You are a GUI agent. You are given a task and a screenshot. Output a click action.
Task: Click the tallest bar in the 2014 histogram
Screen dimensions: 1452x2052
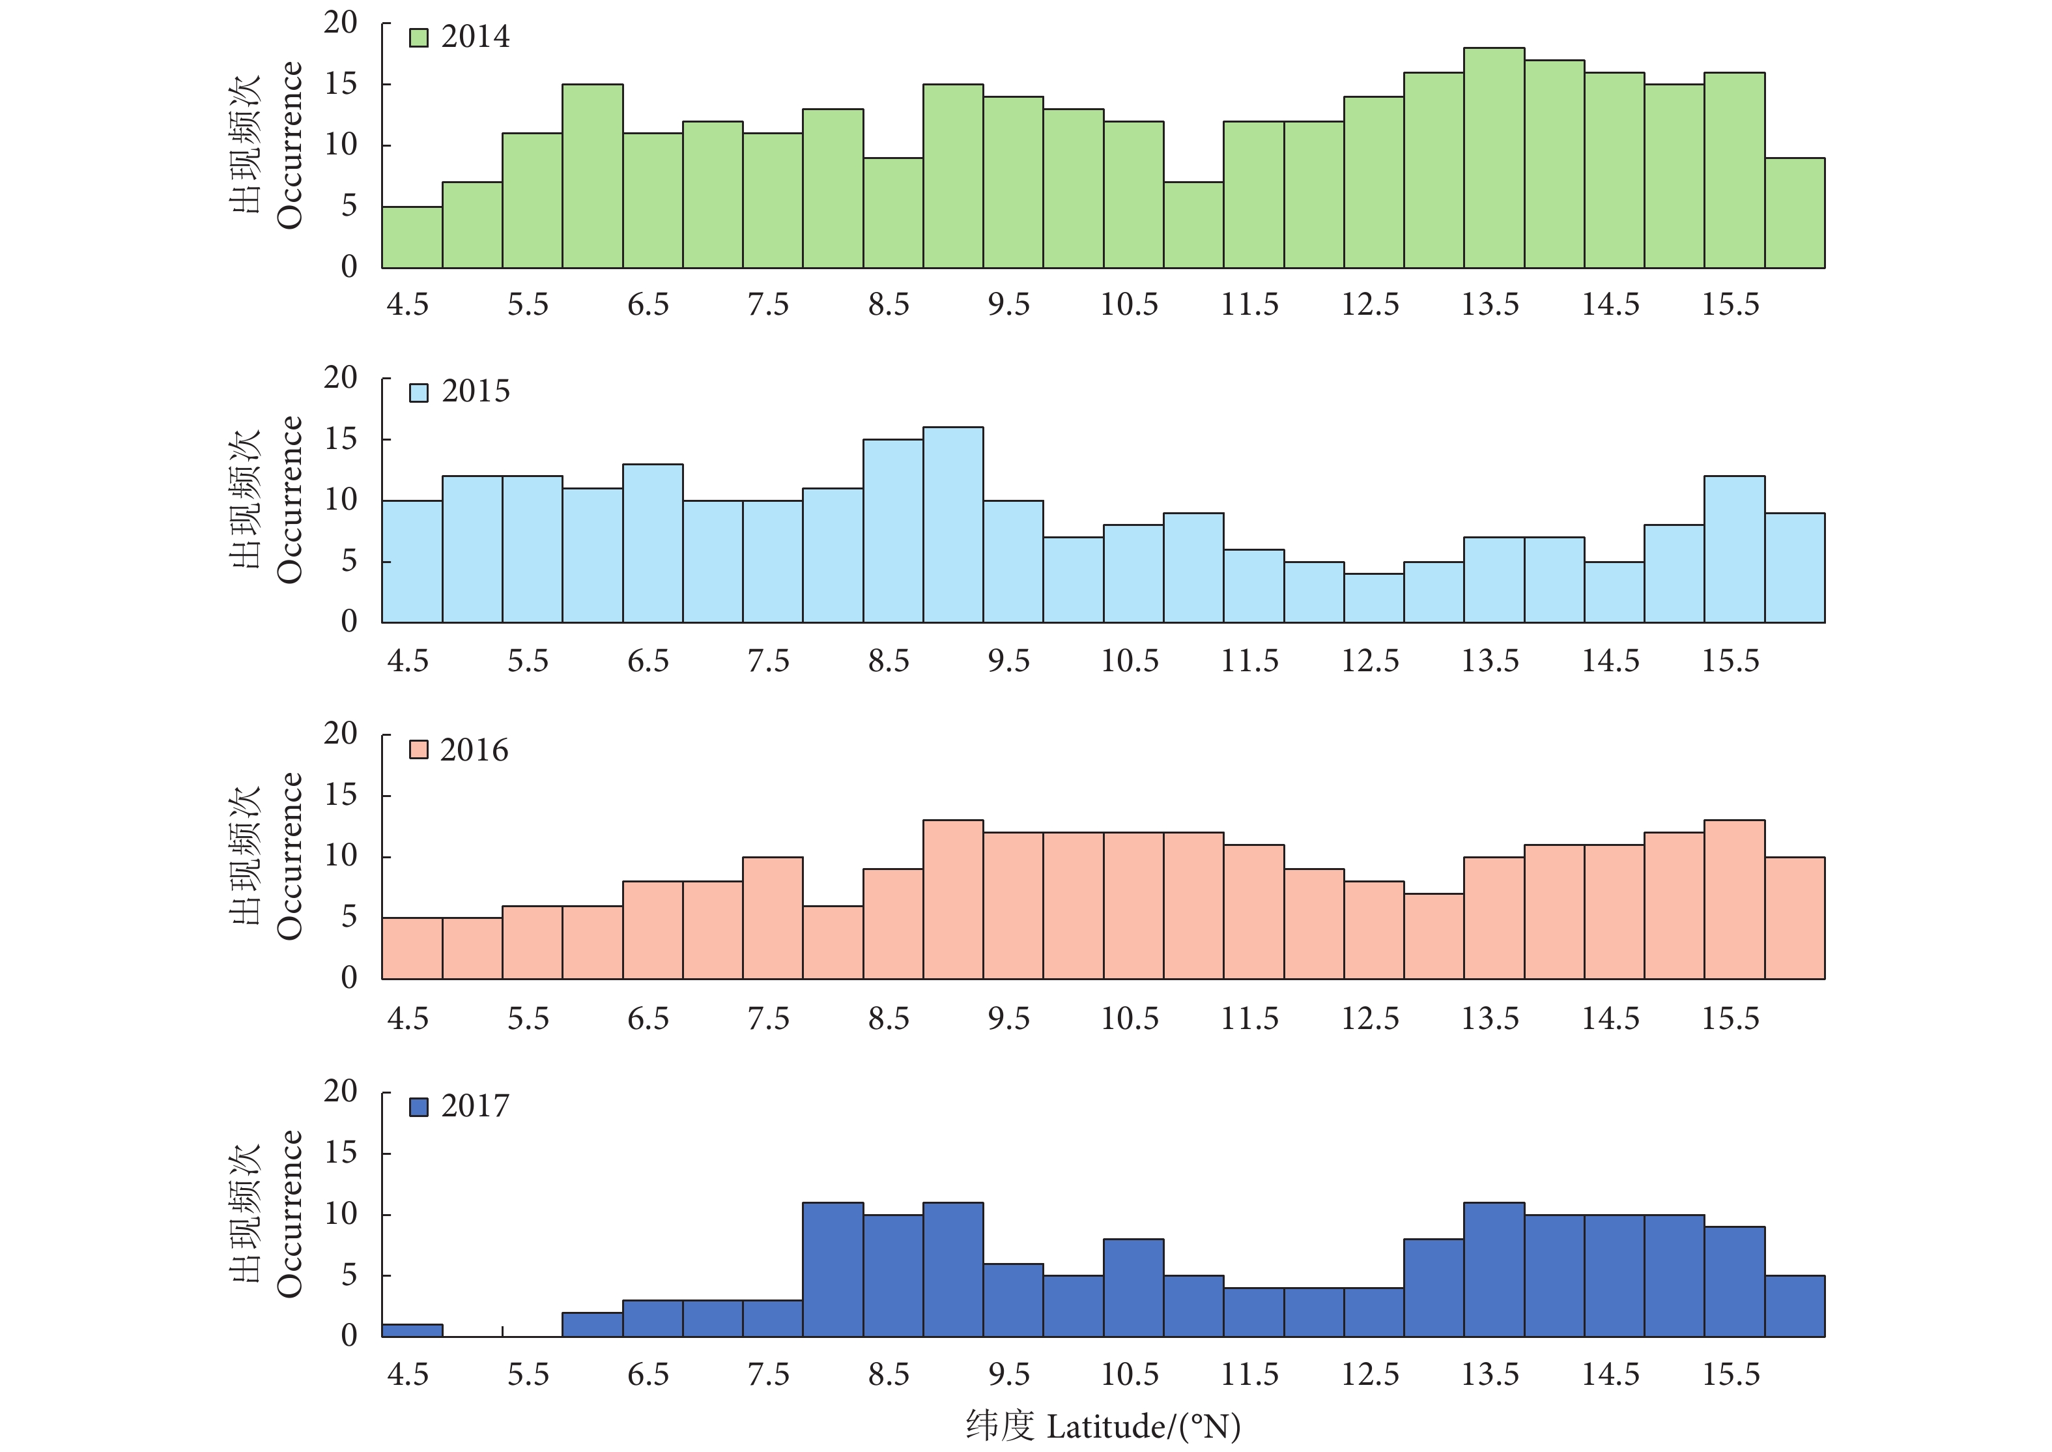[1494, 158]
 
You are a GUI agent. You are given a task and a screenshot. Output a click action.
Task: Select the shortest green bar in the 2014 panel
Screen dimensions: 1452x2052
[412, 238]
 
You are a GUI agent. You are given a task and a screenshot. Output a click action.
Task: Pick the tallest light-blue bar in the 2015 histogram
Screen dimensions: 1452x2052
[952, 525]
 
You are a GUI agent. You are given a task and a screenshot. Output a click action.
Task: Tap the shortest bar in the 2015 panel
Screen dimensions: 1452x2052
[1374, 598]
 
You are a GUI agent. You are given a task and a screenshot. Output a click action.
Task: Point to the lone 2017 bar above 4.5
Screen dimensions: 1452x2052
[412, 1330]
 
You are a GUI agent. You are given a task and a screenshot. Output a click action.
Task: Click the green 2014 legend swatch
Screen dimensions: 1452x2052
[418, 38]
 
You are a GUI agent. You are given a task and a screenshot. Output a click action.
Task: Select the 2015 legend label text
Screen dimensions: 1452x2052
[476, 392]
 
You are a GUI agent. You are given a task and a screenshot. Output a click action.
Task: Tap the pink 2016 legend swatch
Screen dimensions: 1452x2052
[418, 749]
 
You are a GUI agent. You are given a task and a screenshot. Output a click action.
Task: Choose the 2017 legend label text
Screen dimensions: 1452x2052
[476, 1106]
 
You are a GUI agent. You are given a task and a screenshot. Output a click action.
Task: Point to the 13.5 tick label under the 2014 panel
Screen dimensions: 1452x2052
[1490, 305]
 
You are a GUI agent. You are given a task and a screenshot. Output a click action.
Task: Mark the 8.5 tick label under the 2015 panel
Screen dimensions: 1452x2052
[889, 661]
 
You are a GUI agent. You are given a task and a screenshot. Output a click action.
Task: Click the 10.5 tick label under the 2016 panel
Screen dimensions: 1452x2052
[1130, 1019]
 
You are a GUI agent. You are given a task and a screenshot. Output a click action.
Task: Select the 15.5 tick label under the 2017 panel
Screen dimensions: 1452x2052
[1730, 1374]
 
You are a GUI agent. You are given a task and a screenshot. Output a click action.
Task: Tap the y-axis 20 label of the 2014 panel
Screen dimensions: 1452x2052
[341, 22]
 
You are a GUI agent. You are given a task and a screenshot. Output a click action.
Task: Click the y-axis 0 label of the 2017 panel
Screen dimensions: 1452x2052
[349, 1335]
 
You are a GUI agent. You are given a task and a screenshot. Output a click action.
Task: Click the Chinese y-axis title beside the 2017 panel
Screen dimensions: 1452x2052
[246, 1213]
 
